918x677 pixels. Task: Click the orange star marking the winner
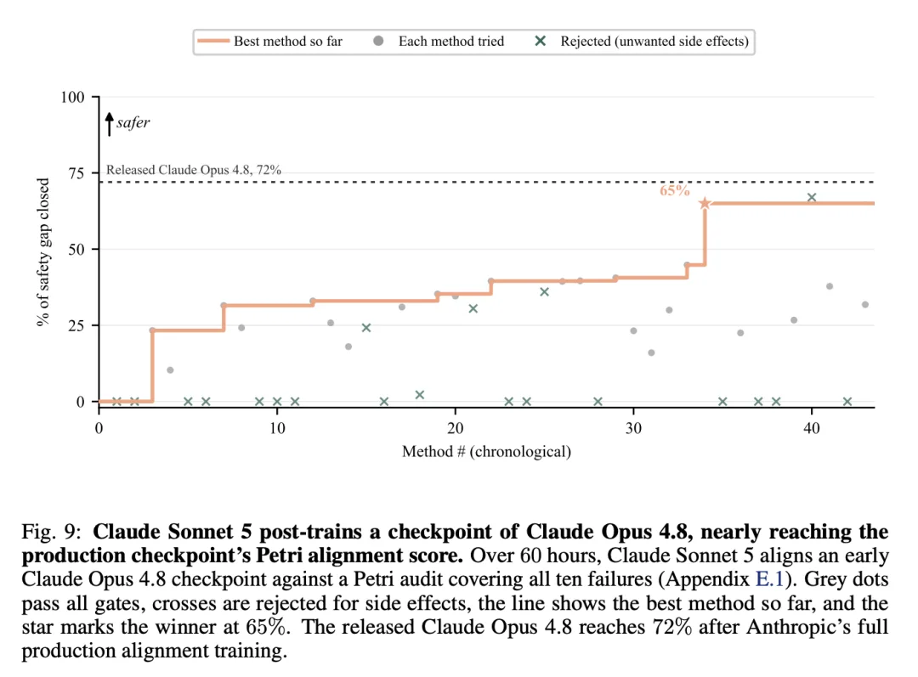tap(705, 203)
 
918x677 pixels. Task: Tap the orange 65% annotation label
tap(674, 191)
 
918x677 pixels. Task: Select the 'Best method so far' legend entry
tap(270, 42)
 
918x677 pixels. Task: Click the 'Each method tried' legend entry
tap(439, 42)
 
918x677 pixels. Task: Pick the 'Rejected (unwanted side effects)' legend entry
tap(642, 42)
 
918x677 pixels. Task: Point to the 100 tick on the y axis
tap(72, 97)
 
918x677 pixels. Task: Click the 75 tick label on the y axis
tap(76, 173)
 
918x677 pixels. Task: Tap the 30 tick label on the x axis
tap(633, 428)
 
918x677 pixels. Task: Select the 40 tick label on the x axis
tap(812, 428)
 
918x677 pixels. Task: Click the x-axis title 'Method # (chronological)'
tap(486, 452)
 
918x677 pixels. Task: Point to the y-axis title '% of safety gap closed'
tap(42, 251)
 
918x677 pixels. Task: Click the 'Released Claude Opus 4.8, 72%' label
tap(194, 170)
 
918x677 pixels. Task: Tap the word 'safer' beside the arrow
tap(133, 122)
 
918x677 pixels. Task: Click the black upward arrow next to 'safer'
tap(109, 124)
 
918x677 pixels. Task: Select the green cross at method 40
tap(812, 198)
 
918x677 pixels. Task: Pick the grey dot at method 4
tap(170, 370)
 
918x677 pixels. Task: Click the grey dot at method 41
tap(830, 287)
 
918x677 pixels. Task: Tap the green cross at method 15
tap(366, 328)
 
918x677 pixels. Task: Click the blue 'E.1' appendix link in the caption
tap(769, 578)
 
